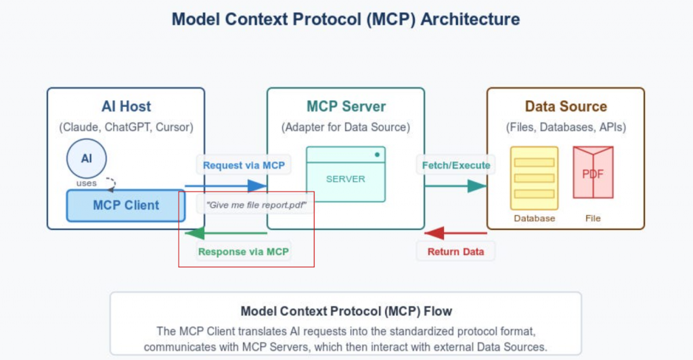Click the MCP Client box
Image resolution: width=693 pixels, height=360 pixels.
[126, 206]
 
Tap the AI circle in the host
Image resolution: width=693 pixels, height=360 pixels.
[87, 159]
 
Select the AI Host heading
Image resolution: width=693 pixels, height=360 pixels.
[126, 106]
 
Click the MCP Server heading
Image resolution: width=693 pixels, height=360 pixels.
[346, 106]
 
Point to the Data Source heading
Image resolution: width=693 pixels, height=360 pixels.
[566, 106]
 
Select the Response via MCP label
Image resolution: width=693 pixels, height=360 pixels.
[244, 252]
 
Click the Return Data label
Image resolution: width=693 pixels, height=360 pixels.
[455, 252]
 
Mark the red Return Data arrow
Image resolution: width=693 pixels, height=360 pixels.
[455, 233]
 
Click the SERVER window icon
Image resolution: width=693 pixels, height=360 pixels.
[346, 174]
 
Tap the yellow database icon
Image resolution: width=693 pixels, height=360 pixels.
[534, 177]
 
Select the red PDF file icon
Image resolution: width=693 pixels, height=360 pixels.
[593, 173]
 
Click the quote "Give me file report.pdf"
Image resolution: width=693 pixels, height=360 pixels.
[255, 204]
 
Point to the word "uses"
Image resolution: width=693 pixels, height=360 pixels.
[87, 183]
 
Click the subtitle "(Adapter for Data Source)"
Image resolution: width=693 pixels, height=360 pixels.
[346, 127]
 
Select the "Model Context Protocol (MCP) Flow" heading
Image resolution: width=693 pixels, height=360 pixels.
[346, 311]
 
